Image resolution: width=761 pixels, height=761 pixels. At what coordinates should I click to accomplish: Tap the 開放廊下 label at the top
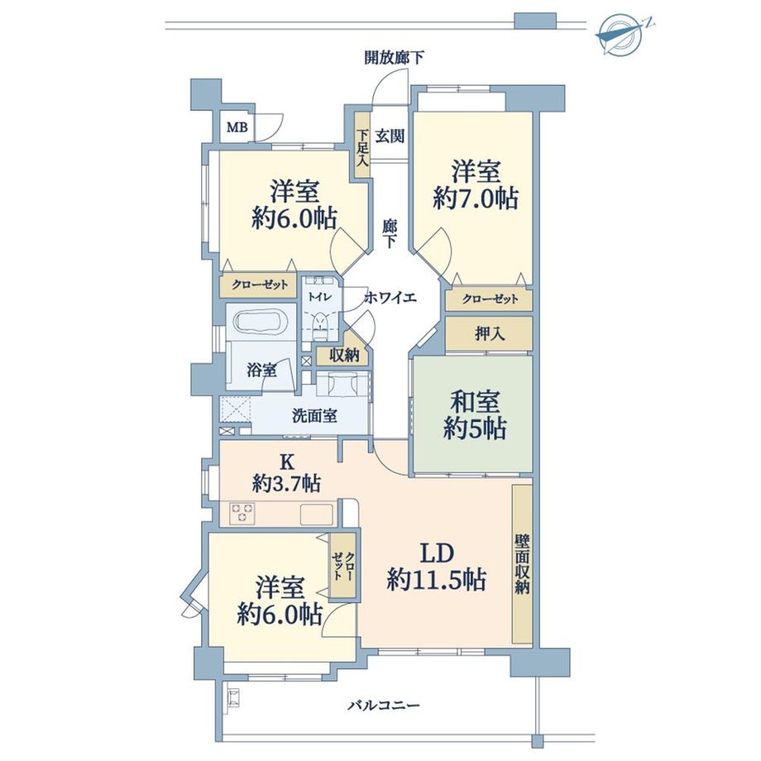pos(395,58)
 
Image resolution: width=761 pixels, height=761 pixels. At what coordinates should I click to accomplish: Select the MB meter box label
pos(237,127)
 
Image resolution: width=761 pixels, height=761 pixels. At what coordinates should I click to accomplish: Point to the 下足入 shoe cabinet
pos(361,150)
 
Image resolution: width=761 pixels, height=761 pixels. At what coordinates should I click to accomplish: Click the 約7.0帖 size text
pos(476,199)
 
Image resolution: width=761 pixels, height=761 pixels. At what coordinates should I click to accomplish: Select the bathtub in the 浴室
pos(258,322)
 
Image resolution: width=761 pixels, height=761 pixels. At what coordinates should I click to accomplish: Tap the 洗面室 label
pos(314,416)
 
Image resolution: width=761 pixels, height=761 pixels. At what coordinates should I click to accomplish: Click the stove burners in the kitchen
pos(242,513)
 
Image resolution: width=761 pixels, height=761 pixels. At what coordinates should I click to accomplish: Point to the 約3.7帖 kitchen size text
pos(287,485)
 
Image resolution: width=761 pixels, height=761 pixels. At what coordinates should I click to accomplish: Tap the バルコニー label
pos(383,706)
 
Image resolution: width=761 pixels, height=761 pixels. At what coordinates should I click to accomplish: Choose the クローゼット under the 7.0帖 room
pos(490,299)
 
